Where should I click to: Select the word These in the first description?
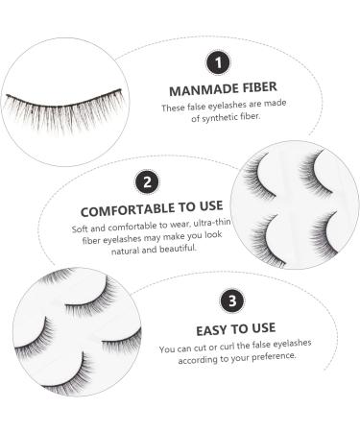173,109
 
